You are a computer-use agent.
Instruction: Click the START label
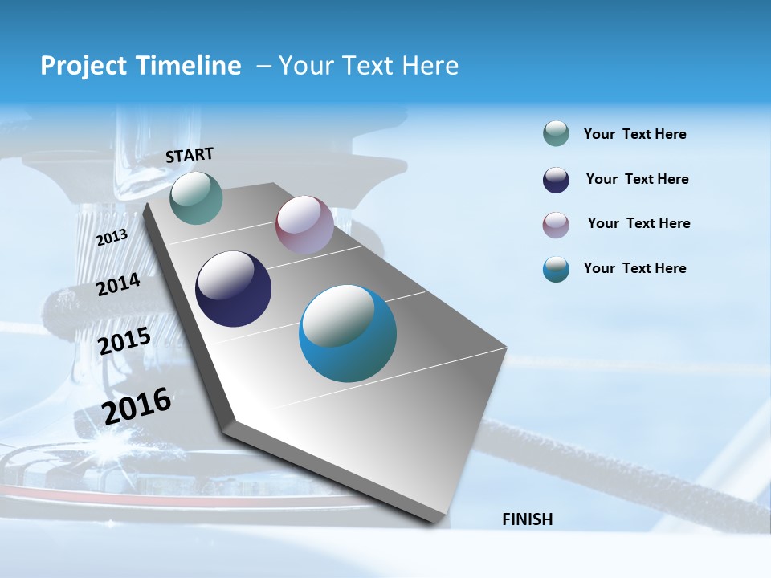pos(190,155)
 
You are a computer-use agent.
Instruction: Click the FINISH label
pos(527,519)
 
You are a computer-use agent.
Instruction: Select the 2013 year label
pos(112,238)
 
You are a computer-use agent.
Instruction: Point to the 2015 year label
pos(124,341)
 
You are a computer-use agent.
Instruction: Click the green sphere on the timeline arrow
pos(196,197)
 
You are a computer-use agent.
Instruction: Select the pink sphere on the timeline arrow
pos(304,225)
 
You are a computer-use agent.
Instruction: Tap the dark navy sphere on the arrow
pos(233,289)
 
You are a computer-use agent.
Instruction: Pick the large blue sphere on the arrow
pos(348,333)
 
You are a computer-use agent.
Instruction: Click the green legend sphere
pos(556,134)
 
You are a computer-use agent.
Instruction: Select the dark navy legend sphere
pos(556,180)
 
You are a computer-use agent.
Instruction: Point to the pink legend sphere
pos(556,225)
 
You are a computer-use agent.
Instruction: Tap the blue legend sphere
pos(556,269)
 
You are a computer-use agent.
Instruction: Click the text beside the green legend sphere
pos(634,134)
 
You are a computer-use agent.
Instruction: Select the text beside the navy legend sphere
pos(637,179)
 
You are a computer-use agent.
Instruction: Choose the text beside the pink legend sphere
pos(638,223)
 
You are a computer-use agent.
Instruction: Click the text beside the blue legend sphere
pos(634,268)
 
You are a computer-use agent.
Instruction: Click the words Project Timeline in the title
pos(141,66)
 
